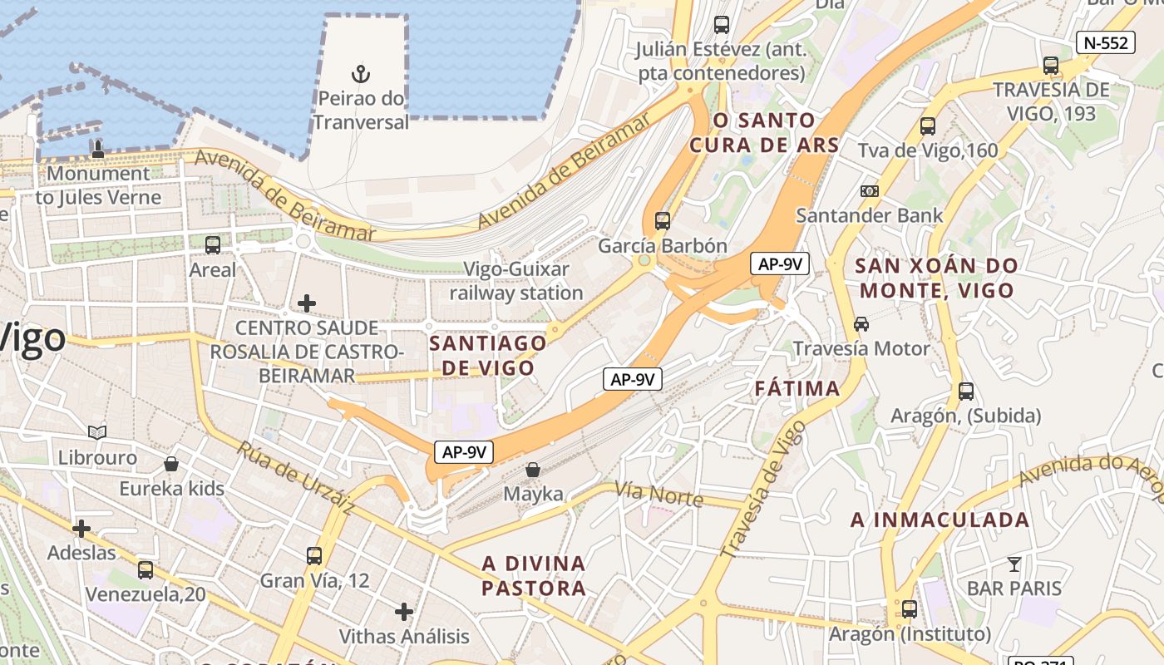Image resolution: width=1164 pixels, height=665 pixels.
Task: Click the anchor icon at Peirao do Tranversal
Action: click(360, 74)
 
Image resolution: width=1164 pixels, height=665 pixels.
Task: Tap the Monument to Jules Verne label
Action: click(98, 185)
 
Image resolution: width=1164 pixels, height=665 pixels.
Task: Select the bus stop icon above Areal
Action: click(213, 244)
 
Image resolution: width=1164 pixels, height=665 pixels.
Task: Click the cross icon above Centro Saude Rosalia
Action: click(307, 303)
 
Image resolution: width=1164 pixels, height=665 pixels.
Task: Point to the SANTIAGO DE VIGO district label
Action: click(488, 355)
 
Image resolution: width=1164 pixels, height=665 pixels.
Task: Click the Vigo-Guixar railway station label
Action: click(516, 281)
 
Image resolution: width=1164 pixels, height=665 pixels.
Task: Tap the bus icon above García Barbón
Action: click(662, 220)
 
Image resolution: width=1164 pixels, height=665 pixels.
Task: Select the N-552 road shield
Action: click(1105, 42)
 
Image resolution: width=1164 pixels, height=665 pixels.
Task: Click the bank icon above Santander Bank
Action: click(869, 191)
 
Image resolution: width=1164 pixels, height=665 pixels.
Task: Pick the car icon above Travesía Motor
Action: click(861, 323)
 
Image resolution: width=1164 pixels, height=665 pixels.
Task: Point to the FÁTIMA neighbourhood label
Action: click(797, 388)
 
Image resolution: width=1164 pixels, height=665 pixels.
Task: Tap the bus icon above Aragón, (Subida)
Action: click(965, 391)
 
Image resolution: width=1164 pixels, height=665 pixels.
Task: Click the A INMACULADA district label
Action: click(940, 520)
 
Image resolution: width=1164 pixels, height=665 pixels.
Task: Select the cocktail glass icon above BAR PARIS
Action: click(1014, 564)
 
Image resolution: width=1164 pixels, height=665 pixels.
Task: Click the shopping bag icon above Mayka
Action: click(533, 470)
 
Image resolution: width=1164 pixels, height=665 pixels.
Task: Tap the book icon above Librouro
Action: click(97, 432)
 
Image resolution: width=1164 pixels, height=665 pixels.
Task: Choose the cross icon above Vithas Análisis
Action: click(403, 613)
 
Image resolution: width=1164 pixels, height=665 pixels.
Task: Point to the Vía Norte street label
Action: click(658, 495)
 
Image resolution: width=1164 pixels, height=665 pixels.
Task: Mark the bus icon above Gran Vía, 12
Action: click(314, 555)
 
